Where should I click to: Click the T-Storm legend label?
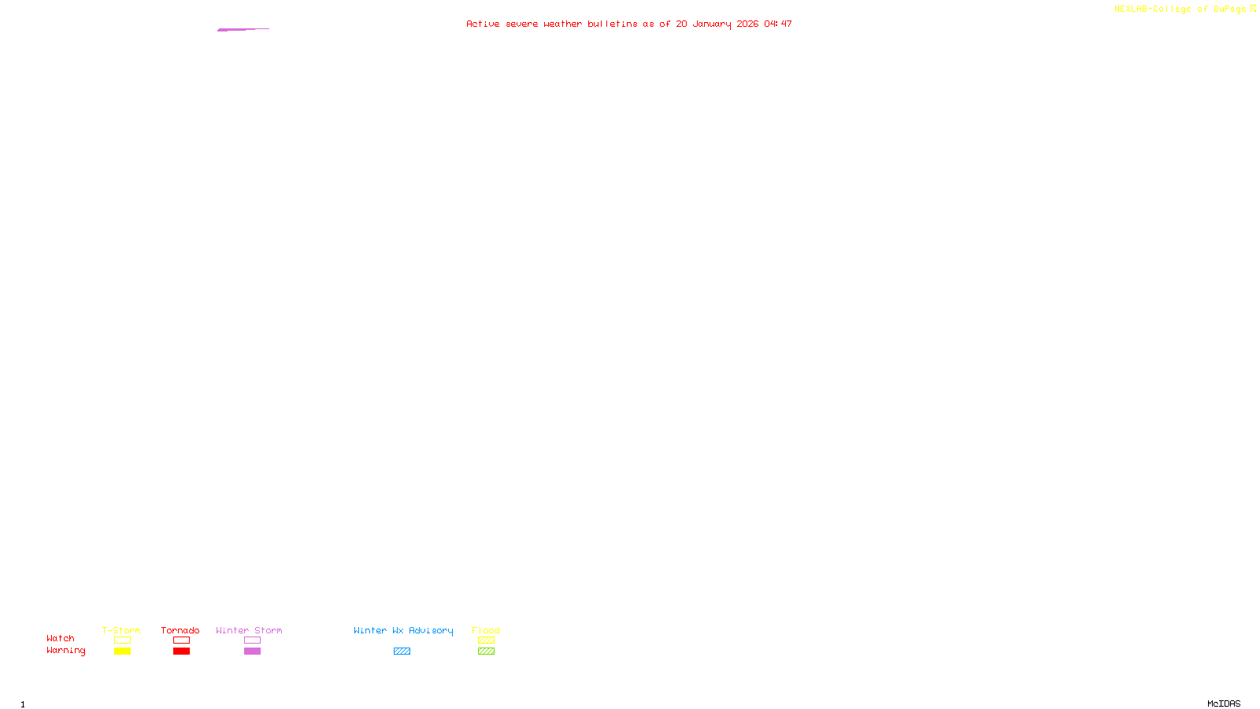(x=121, y=630)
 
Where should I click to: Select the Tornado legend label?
(x=180, y=630)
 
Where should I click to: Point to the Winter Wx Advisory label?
(x=403, y=630)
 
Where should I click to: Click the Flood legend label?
(x=486, y=630)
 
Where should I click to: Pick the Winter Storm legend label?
(x=249, y=630)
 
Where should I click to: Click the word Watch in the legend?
(x=61, y=638)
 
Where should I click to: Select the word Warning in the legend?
(x=66, y=651)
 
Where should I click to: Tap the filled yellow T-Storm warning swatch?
(x=122, y=651)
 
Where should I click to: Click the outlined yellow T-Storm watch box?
(x=122, y=640)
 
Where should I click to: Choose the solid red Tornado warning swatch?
(x=182, y=651)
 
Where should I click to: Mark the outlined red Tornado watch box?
(x=182, y=640)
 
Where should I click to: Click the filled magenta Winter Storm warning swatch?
(x=252, y=651)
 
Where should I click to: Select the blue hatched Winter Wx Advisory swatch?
(x=402, y=651)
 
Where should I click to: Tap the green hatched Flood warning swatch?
(x=486, y=651)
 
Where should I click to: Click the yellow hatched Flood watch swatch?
(x=486, y=640)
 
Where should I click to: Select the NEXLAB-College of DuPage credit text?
(x=1180, y=9)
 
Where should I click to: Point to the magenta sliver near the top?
(x=243, y=29)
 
